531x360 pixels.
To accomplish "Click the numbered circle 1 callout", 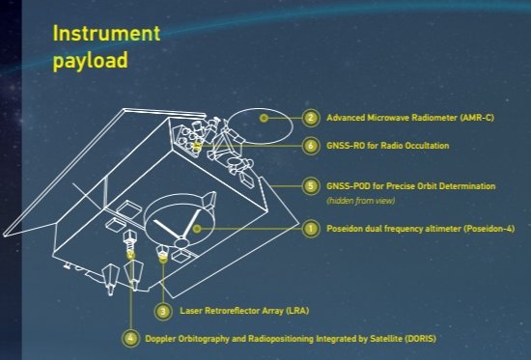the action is tap(310, 229).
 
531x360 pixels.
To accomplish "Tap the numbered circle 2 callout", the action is tap(310, 118).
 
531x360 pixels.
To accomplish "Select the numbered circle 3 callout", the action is tap(163, 311).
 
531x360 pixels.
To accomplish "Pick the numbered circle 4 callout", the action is tap(130, 339).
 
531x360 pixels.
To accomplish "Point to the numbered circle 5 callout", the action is tap(310, 186).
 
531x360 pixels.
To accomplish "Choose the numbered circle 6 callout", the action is tap(310, 146).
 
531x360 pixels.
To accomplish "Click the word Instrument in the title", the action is tap(106, 33).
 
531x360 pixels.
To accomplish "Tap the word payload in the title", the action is tap(91, 61).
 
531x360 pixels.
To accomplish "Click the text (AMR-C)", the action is tap(477, 118).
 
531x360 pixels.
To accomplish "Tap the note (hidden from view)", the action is tap(361, 201).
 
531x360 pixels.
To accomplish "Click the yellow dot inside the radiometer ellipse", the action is tap(265, 118).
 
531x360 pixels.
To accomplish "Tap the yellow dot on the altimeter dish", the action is tap(196, 229).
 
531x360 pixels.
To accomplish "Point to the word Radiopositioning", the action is tap(281, 339).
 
